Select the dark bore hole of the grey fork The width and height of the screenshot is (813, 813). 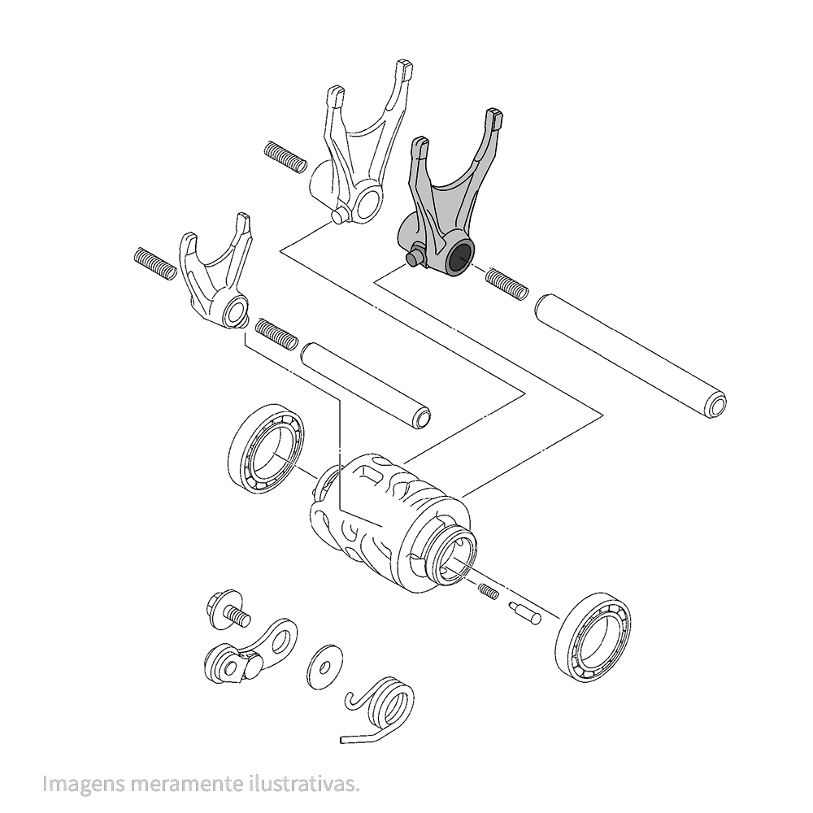pyautogui.click(x=460, y=257)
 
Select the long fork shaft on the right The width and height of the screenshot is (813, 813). pyautogui.click(x=630, y=356)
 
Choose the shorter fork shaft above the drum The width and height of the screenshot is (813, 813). pyautogui.click(x=366, y=385)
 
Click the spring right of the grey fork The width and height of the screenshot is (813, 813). pyautogui.click(x=506, y=284)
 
